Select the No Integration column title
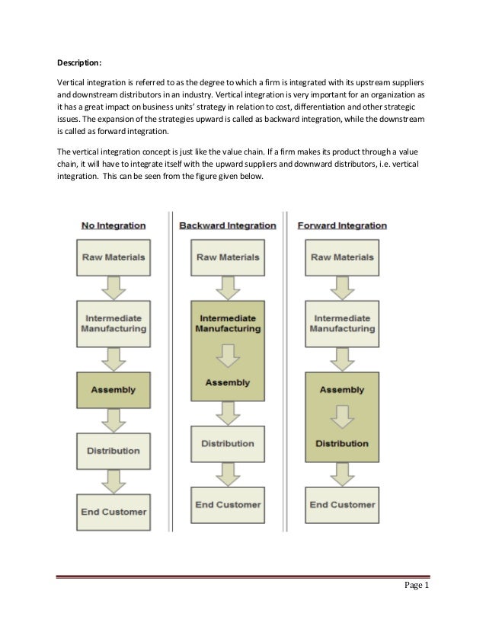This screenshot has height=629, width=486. pyautogui.click(x=114, y=225)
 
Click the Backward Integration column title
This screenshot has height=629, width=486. pyautogui.click(x=228, y=225)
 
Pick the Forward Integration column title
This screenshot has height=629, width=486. pyautogui.click(x=342, y=225)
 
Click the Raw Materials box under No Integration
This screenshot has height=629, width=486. pyautogui.click(x=114, y=257)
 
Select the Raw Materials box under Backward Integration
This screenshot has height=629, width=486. pyautogui.click(x=228, y=257)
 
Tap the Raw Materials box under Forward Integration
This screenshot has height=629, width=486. pyautogui.click(x=342, y=257)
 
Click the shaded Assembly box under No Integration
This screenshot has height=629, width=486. pyautogui.click(x=114, y=389)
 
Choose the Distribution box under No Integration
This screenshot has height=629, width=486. pyautogui.click(x=114, y=450)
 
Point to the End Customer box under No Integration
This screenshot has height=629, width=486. pyautogui.click(x=114, y=511)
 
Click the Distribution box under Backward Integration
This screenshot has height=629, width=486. pyautogui.click(x=228, y=443)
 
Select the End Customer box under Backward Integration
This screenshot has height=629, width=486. pyautogui.click(x=228, y=504)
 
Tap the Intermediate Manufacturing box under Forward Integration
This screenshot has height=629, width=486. pyautogui.click(x=342, y=323)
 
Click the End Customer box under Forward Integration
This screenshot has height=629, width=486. pyautogui.click(x=342, y=504)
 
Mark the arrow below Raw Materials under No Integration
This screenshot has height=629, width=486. pyautogui.click(x=114, y=287)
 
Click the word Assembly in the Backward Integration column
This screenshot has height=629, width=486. pyautogui.click(x=228, y=382)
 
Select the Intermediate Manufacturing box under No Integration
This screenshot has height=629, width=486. pyautogui.click(x=114, y=323)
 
